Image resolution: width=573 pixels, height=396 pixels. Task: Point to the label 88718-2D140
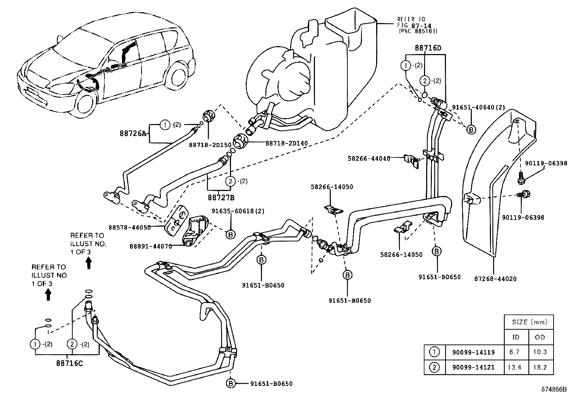(x=286, y=143)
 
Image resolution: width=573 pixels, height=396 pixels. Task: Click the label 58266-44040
(x=369, y=158)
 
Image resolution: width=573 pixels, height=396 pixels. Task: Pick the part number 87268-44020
(x=495, y=279)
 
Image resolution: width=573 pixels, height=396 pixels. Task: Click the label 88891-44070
(x=150, y=246)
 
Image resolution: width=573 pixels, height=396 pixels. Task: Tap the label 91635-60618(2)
(x=238, y=211)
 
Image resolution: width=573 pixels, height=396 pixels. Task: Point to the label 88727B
(x=221, y=197)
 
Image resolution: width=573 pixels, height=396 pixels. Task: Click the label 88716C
(x=69, y=363)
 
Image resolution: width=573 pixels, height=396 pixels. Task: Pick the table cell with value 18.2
(x=540, y=368)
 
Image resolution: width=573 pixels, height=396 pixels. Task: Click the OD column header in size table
(x=540, y=337)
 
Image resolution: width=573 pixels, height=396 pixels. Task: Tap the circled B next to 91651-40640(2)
(x=471, y=129)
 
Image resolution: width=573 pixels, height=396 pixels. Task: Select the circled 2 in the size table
(x=435, y=368)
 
